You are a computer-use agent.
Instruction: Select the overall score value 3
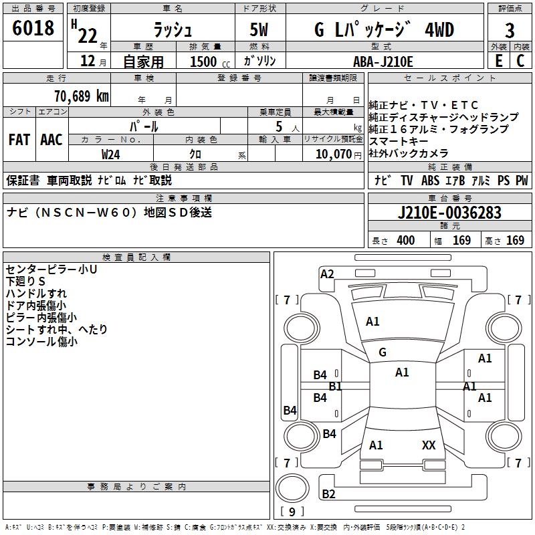click(x=510, y=31)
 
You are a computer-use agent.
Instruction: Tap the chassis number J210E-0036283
click(x=449, y=213)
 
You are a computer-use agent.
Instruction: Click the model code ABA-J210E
click(x=384, y=61)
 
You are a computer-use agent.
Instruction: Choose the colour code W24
click(x=111, y=154)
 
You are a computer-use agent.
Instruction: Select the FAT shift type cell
click(x=19, y=140)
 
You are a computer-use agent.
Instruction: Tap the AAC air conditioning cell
click(x=51, y=140)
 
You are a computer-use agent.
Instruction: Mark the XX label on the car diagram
click(x=429, y=445)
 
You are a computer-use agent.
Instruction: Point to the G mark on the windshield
click(x=383, y=352)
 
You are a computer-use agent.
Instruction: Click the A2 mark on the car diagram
click(x=327, y=274)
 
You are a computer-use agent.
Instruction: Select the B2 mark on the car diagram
click(x=328, y=494)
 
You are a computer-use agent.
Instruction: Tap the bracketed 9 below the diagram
click(x=292, y=512)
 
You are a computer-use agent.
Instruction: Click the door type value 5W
click(x=260, y=31)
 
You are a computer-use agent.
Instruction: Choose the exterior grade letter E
click(x=498, y=61)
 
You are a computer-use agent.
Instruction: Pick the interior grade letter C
click(x=521, y=61)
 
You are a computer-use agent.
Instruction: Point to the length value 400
click(x=405, y=241)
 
